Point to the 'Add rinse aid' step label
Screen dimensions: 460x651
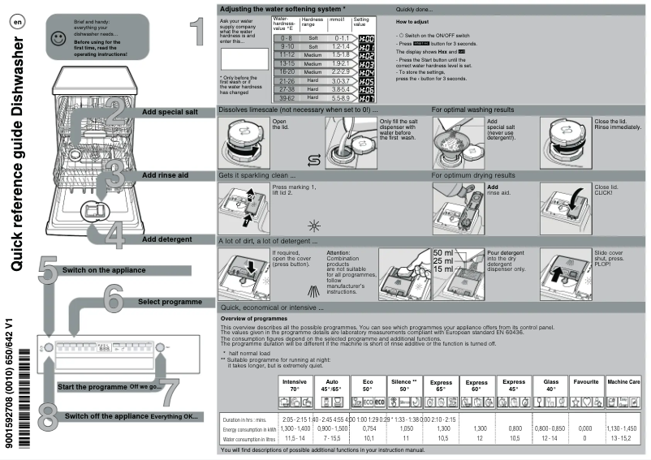pos(166,174)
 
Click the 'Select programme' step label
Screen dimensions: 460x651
pos(170,302)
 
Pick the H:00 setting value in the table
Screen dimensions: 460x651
pos(366,39)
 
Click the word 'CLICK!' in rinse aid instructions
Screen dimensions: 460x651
pos(606,193)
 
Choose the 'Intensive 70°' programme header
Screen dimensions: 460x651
pos(295,385)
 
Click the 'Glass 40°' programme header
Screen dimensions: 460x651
pos(550,385)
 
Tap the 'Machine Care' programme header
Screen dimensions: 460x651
pos(623,381)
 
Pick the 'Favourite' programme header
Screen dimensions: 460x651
pos(586,381)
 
